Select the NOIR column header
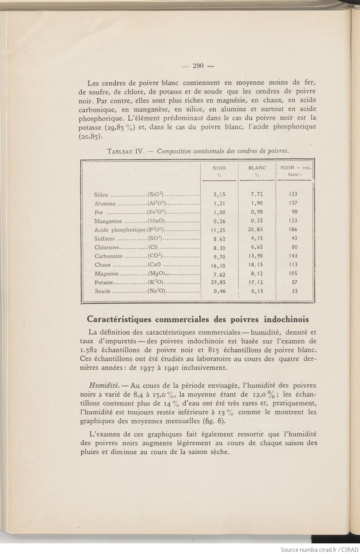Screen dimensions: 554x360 [219, 168]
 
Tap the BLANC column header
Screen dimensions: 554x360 [257, 168]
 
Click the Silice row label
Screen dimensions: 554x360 [101, 195]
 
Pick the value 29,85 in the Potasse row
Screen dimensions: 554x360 [219, 282]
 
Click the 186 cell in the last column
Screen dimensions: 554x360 [294, 230]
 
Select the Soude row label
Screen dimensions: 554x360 [103, 292]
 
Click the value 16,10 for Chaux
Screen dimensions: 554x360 [219, 265]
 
